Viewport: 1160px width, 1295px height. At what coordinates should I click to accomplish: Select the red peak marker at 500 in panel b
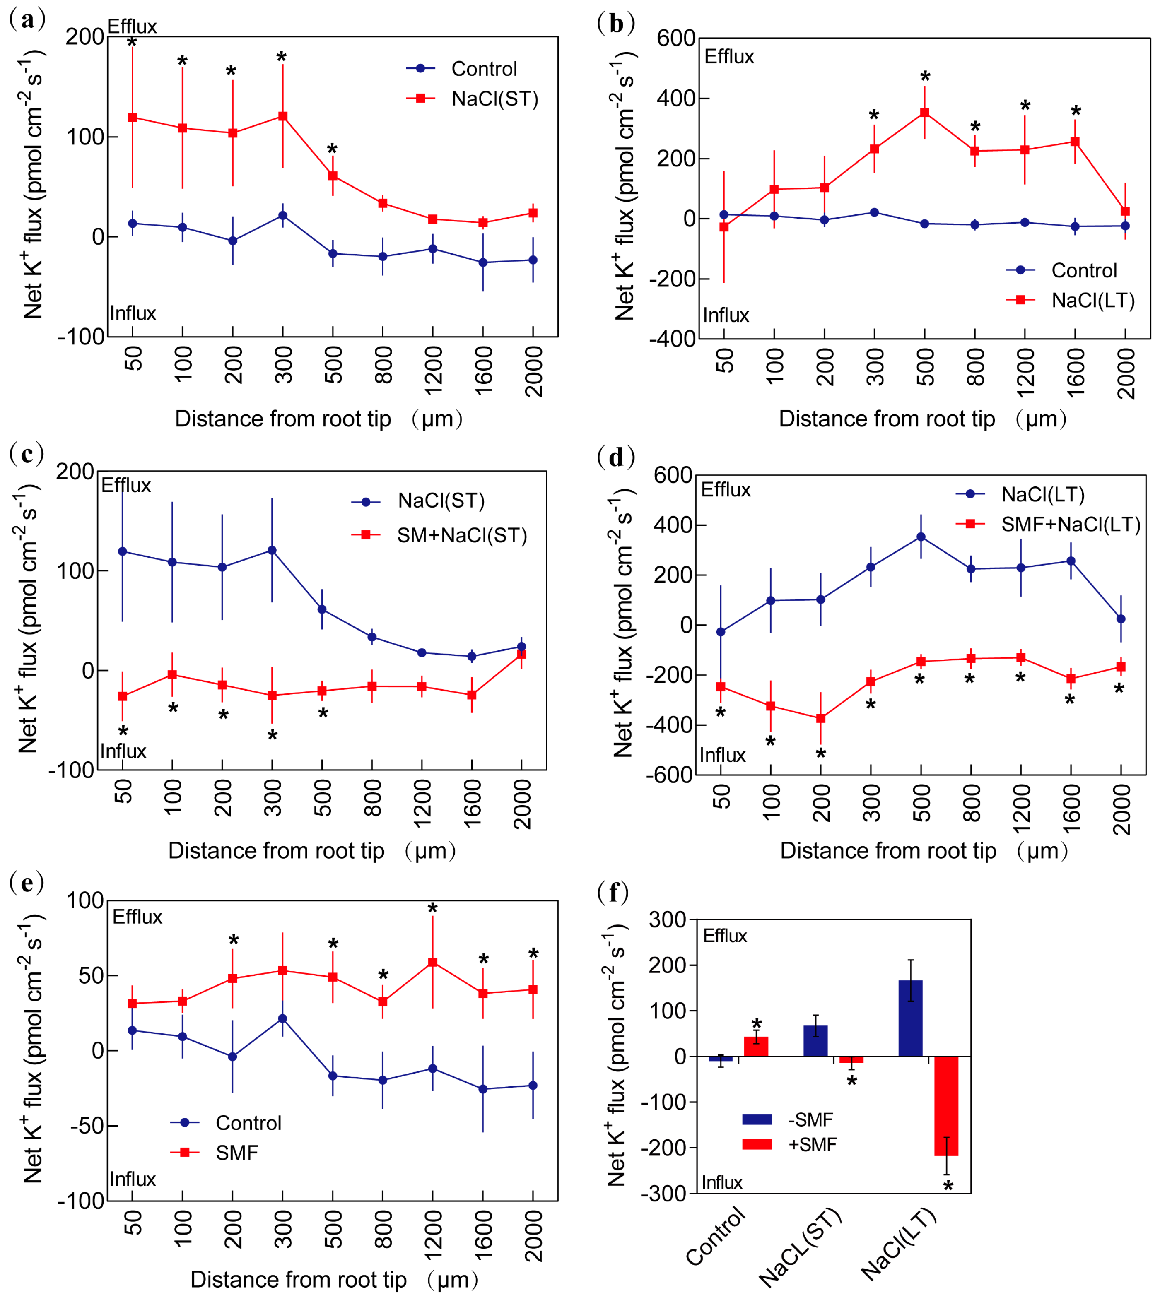(924, 113)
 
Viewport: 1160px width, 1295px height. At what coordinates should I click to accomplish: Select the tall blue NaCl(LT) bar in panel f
(911, 1018)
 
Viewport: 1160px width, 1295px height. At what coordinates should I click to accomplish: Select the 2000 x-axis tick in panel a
(533, 371)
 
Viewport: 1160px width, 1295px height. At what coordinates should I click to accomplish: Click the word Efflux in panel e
(137, 917)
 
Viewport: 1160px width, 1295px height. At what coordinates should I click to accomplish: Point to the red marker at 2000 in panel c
(521, 654)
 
